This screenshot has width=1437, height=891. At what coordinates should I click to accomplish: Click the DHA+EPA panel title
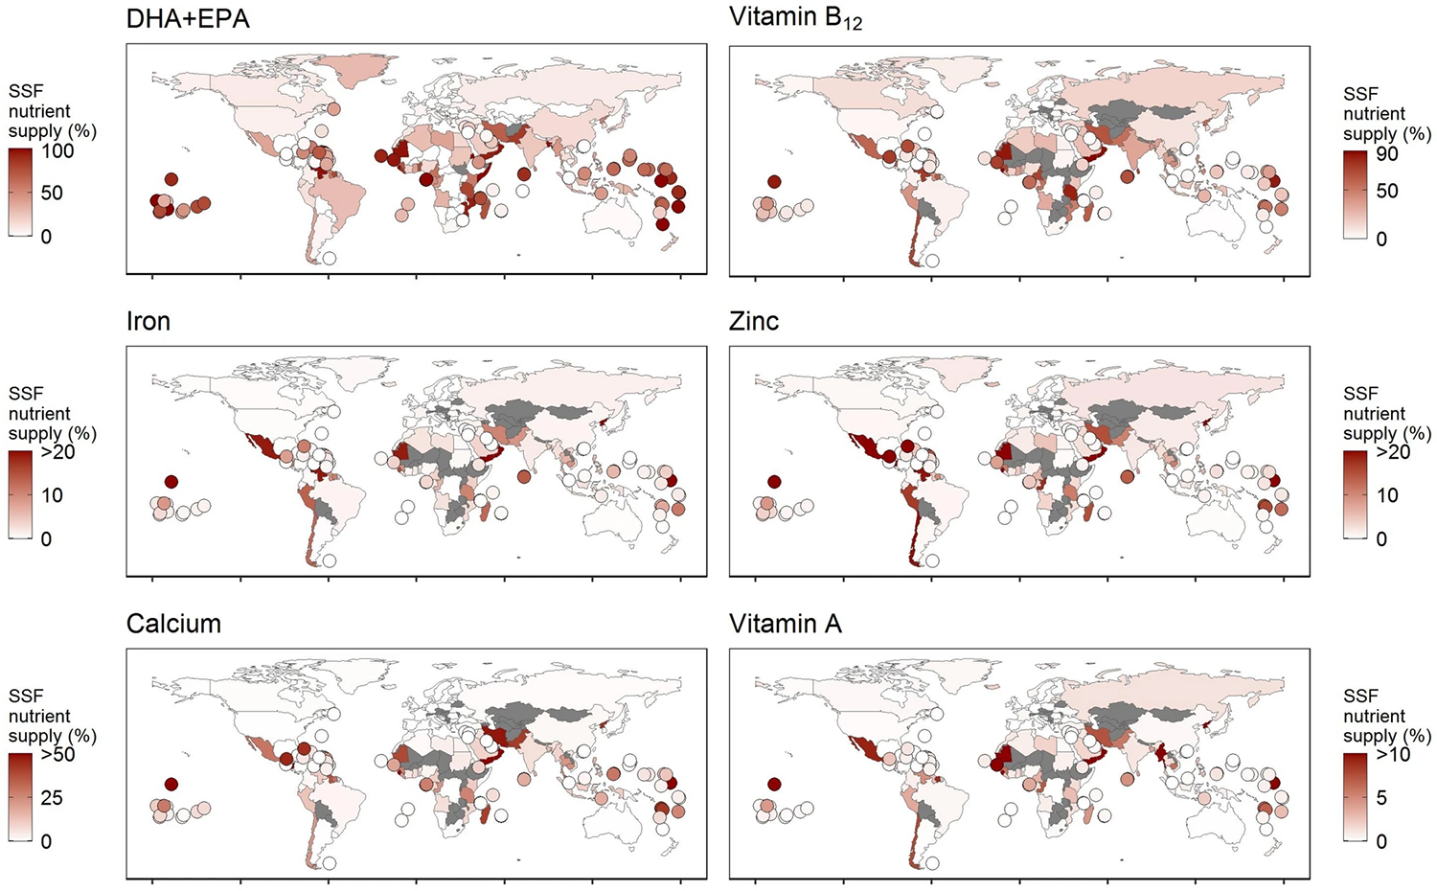pyautogui.click(x=188, y=19)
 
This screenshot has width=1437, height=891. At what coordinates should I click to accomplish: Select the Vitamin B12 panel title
pyautogui.click(x=795, y=17)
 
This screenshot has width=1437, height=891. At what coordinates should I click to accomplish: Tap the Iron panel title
pyautogui.click(x=148, y=321)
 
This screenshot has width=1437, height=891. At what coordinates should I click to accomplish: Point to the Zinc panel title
pyautogui.click(x=754, y=321)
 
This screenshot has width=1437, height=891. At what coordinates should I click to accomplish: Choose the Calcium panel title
pyautogui.click(x=173, y=624)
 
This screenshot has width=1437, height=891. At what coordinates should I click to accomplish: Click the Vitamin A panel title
pyautogui.click(x=786, y=624)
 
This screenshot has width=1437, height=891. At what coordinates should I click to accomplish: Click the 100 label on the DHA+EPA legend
pyautogui.click(x=57, y=151)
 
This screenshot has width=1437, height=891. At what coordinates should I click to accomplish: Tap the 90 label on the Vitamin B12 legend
pyautogui.click(x=1387, y=154)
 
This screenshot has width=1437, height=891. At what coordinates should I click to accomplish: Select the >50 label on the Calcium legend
pyautogui.click(x=57, y=755)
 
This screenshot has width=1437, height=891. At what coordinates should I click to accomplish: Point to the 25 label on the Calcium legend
pyautogui.click(x=52, y=798)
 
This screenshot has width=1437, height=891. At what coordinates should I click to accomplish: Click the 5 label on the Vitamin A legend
pyautogui.click(x=1381, y=798)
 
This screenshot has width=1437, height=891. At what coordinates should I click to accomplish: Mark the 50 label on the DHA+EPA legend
pyautogui.click(x=52, y=193)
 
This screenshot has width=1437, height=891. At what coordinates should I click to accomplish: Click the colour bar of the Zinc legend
pyautogui.click(x=1355, y=494)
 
